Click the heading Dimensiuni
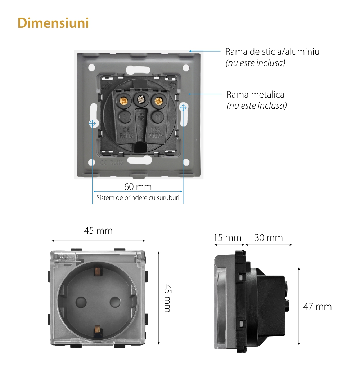click(53, 23)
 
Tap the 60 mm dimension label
click(138, 187)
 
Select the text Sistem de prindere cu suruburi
click(138, 198)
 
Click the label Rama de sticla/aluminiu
click(272, 52)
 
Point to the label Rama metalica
click(255, 94)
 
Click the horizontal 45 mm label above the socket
click(98, 231)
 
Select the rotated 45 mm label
click(167, 298)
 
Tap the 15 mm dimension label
click(227, 238)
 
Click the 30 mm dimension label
click(269, 238)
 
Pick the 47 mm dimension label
click(318, 307)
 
